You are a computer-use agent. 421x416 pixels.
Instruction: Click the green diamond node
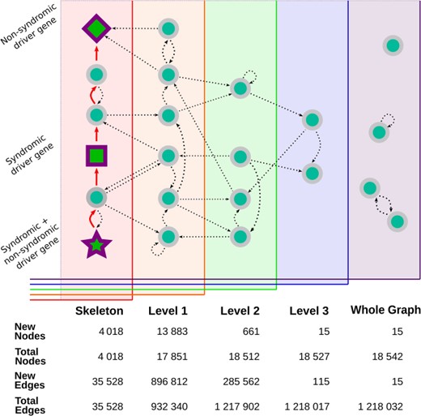(96, 29)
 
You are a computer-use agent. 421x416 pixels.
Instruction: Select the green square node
(96, 154)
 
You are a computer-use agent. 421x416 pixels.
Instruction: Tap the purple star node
(96, 242)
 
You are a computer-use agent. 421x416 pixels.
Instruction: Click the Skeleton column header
(99, 311)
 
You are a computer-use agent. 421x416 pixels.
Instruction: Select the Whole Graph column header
(385, 310)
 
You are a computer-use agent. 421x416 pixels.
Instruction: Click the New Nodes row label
(31, 332)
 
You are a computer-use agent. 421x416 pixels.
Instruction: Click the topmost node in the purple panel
(392, 47)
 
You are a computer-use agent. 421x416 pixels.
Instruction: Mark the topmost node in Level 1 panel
(168, 28)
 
